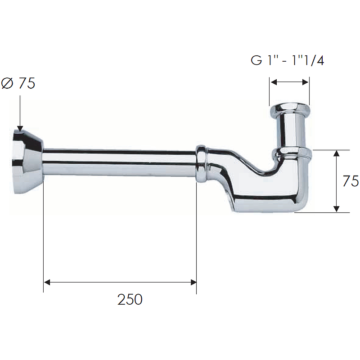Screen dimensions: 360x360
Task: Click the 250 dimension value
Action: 130,299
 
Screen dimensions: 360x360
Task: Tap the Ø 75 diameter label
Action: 18,83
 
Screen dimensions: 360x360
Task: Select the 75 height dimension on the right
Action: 351,181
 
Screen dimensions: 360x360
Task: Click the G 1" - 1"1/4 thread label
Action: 287,60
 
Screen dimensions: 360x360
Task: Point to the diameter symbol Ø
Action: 7,83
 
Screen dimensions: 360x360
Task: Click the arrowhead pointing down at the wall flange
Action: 20,129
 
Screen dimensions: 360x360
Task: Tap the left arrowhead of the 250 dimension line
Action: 47,282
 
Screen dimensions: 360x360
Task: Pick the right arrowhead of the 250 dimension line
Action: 193,282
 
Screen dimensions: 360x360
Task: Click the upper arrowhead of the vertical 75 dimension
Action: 336,153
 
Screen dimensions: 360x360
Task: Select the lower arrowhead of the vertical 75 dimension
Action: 336,209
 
